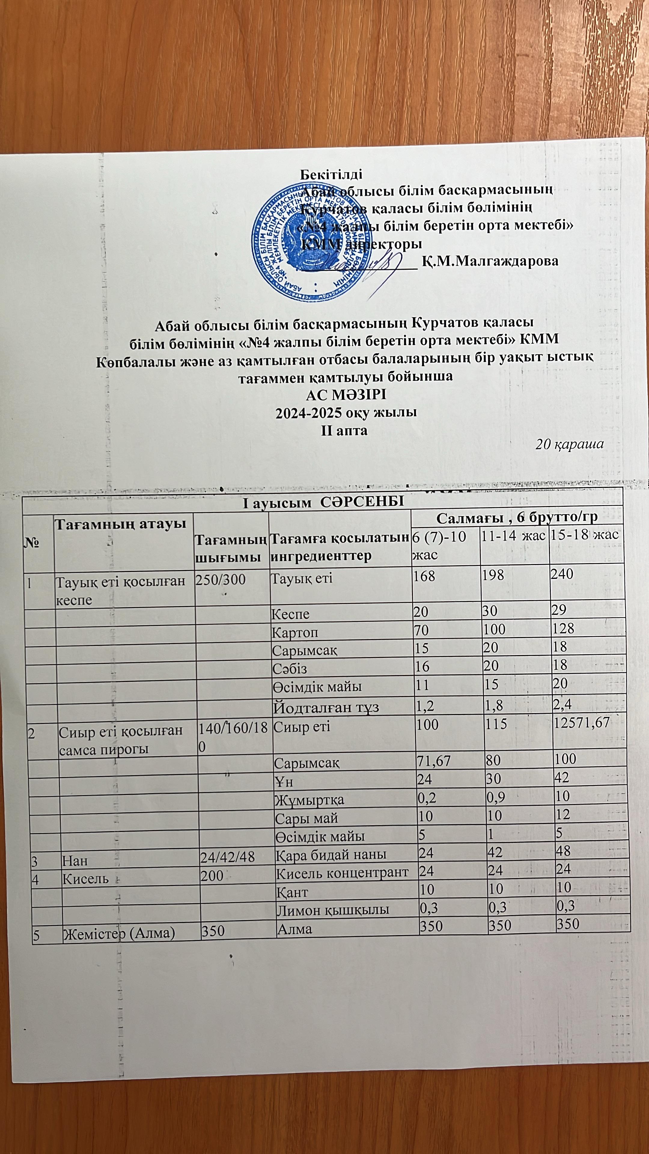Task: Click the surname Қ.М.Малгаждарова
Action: click(x=490, y=261)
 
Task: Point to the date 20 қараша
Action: click(x=570, y=444)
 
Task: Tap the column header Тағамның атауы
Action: click(x=120, y=522)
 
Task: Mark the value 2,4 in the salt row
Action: click(x=562, y=705)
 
